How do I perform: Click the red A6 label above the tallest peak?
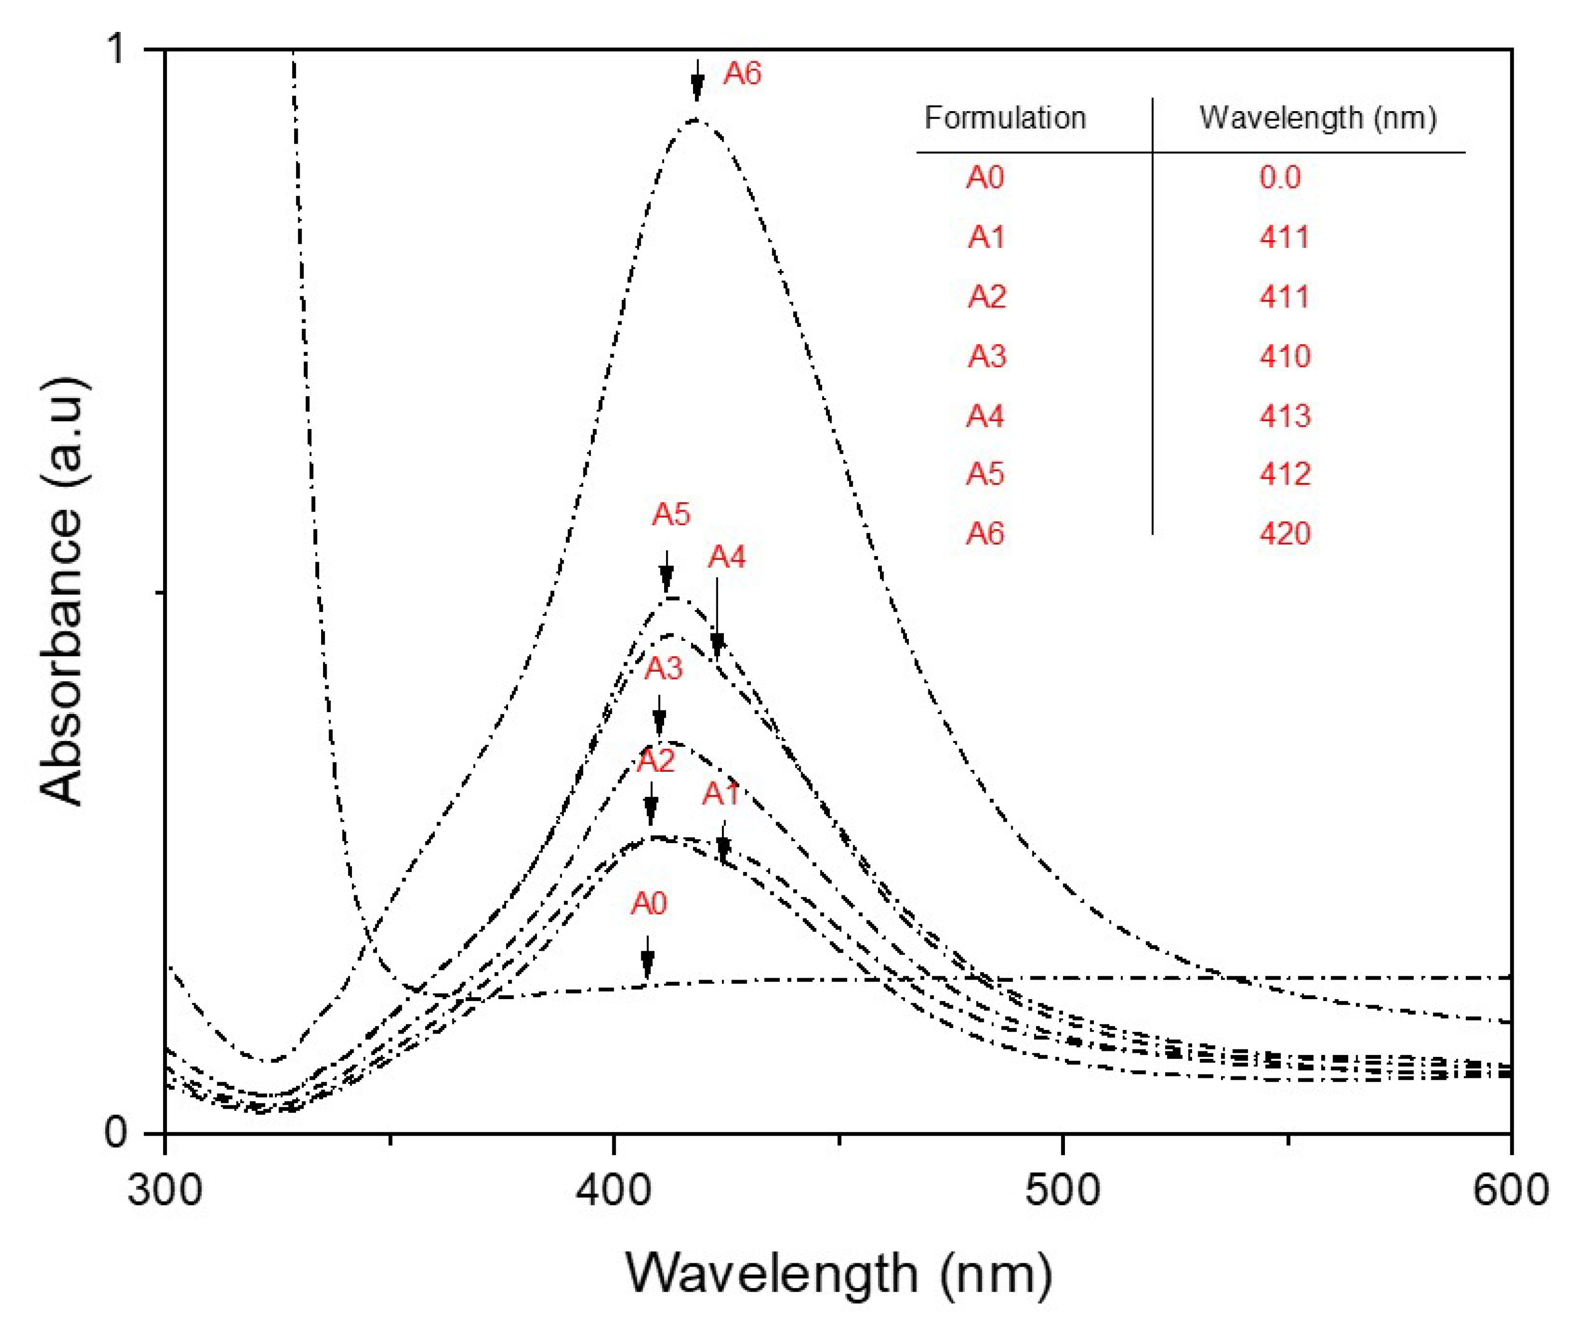742,74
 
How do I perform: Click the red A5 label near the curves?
671,514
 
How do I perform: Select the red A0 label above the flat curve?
648,904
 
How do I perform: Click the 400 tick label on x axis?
614,1190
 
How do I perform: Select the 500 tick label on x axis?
1062,1190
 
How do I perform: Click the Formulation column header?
1005,118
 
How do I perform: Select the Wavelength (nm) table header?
1317,118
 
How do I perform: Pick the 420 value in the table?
1284,533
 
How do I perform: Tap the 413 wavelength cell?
1284,416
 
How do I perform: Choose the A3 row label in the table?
986,356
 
